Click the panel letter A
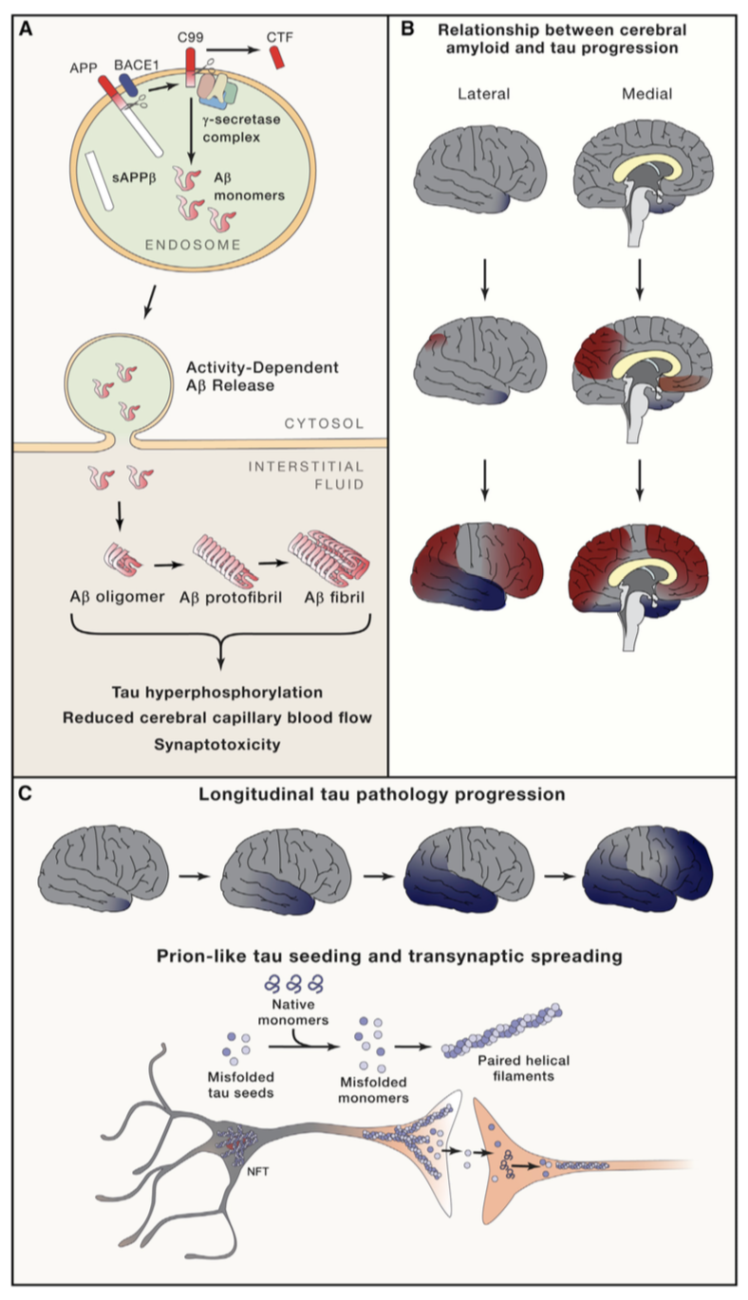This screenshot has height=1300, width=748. click(26, 29)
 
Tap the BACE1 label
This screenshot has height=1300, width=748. click(136, 65)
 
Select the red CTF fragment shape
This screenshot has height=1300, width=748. click(277, 58)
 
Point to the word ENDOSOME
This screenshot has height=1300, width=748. click(193, 245)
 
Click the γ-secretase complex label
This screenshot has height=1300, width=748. click(241, 128)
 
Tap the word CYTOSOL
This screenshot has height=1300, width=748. click(324, 423)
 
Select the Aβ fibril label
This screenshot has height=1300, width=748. click(334, 597)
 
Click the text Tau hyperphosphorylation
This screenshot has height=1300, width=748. click(217, 693)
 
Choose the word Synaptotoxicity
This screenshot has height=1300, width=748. click(217, 744)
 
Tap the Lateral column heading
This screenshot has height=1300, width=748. click(484, 93)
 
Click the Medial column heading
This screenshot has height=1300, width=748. click(647, 93)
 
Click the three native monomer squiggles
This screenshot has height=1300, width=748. click(294, 983)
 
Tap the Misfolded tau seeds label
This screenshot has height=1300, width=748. click(241, 1085)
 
